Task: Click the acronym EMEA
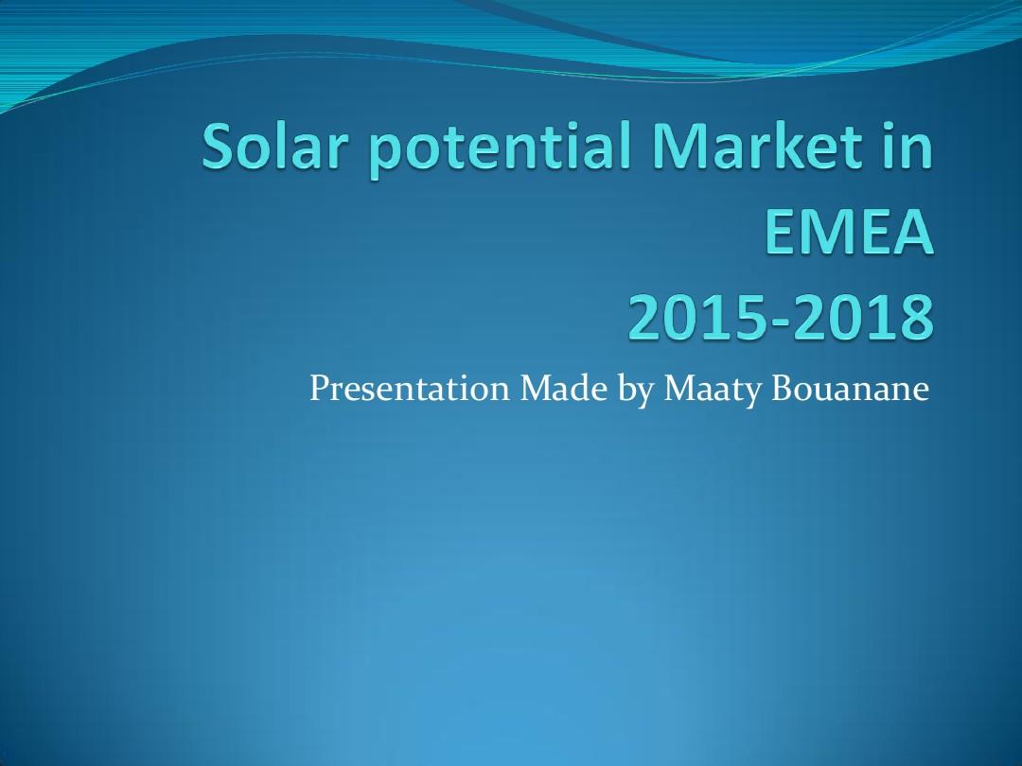[x=849, y=232]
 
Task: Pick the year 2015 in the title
[x=703, y=318]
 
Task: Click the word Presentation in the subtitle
[x=410, y=389]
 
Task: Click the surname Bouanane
[x=850, y=389]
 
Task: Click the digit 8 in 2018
[x=916, y=318]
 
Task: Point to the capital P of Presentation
[x=319, y=389]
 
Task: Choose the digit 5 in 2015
[x=760, y=318]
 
